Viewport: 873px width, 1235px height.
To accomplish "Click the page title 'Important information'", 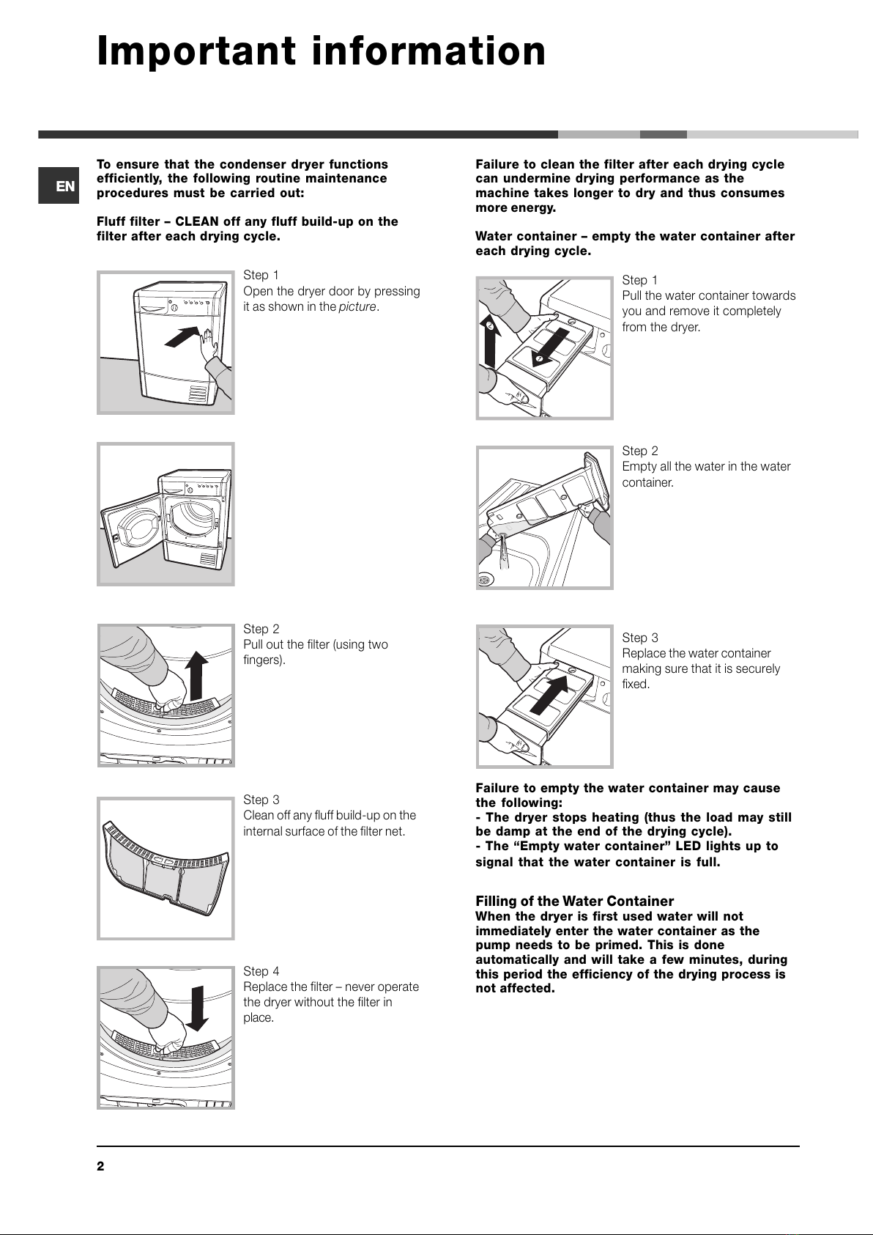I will point(322,51).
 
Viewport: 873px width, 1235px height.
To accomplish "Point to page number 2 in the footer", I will point(101,1166).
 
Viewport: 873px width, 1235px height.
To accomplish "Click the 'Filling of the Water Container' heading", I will point(574,901).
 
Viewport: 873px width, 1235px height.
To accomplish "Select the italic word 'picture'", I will point(357,306).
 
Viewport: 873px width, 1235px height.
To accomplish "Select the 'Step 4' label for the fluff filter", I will point(261,971).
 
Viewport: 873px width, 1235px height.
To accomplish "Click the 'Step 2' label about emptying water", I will point(640,451).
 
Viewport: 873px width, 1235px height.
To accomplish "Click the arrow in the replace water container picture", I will point(549,693).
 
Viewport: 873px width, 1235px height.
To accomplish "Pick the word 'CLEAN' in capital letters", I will point(197,221).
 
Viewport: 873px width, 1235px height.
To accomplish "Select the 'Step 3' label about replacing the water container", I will point(640,638).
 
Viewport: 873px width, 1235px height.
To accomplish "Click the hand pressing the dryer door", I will point(210,344).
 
